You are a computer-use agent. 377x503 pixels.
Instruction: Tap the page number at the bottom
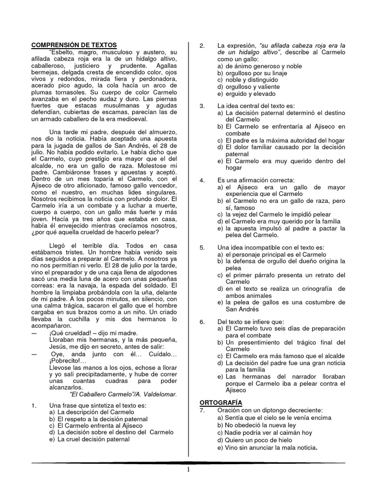click(x=188, y=470)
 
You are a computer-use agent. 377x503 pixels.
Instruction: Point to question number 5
click(x=202, y=248)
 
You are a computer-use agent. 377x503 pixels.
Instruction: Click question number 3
click(x=202, y=106)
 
